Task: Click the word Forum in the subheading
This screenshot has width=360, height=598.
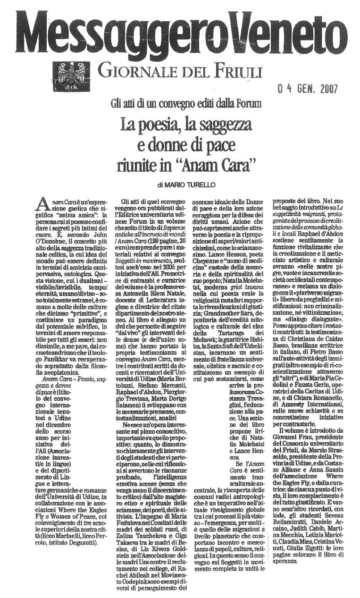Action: (249, 102)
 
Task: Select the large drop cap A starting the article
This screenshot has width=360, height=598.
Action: (42, 204)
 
